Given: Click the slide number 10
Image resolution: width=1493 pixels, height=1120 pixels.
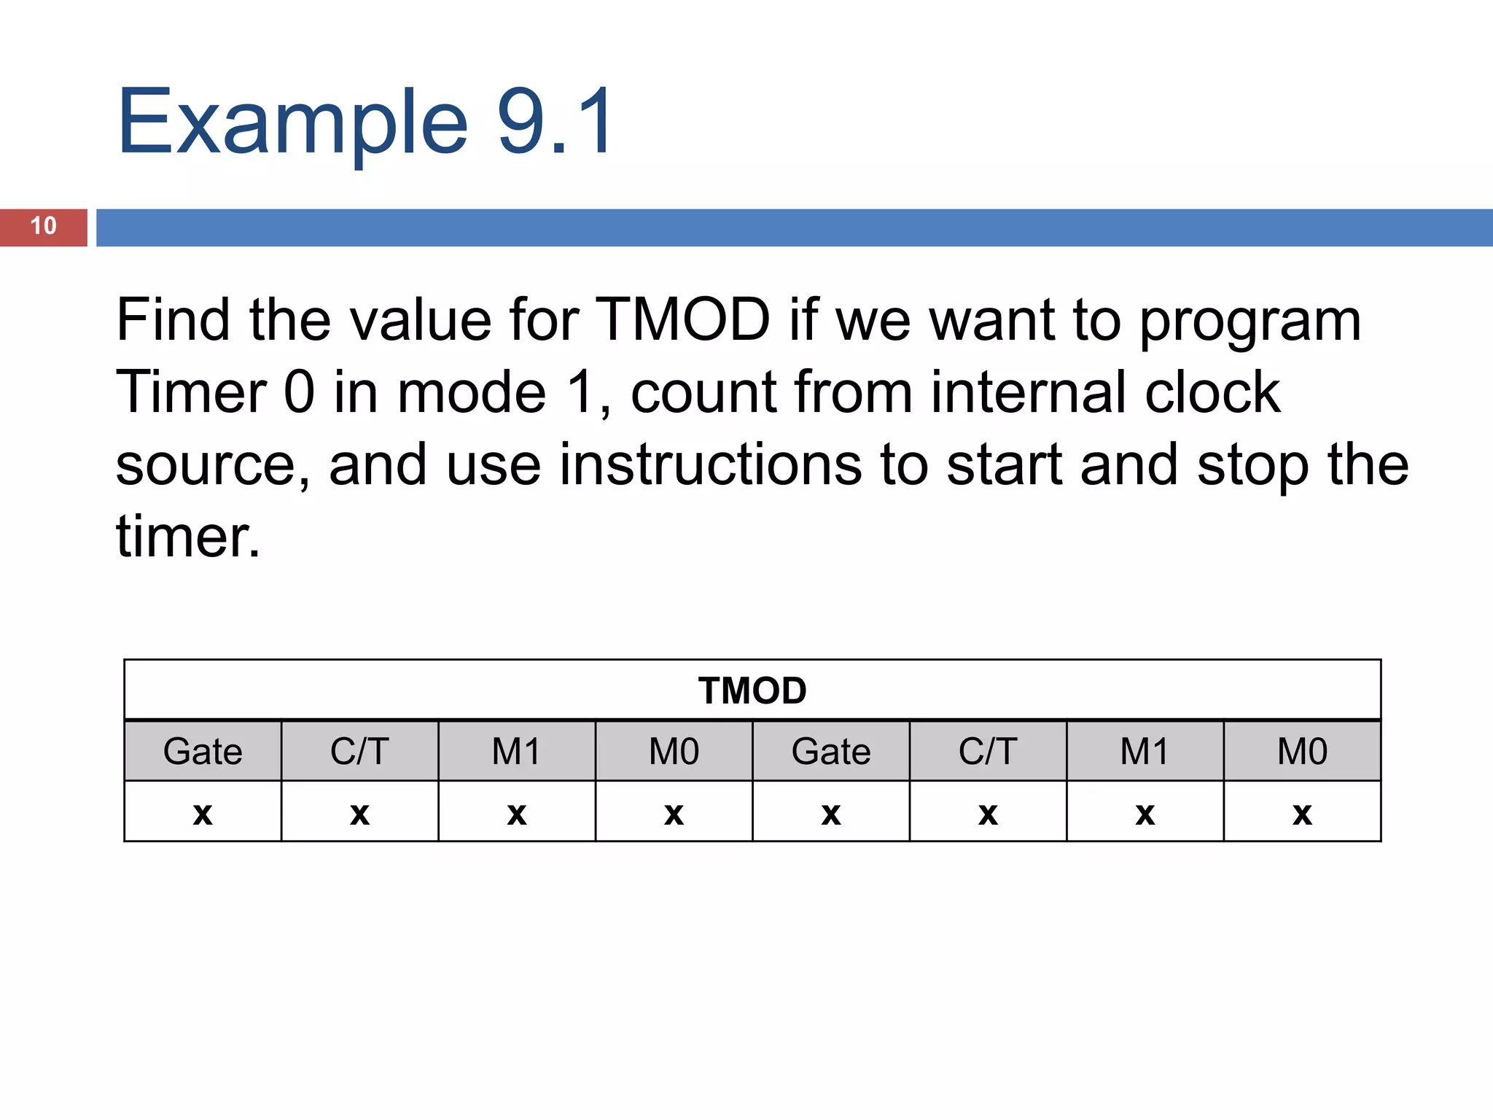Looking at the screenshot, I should [x=43, y=226].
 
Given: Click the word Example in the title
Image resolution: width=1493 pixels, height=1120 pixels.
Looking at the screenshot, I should [x=292, y=122].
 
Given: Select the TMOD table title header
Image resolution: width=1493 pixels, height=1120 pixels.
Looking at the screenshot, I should [x=752, y=691].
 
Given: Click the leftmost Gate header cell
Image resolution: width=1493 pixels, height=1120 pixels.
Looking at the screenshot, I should [x=203, y=751].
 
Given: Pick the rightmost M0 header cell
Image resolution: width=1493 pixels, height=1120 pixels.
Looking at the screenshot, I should [x=1302, y=751].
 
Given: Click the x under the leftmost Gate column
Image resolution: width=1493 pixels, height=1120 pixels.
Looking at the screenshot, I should [x=203, y=813].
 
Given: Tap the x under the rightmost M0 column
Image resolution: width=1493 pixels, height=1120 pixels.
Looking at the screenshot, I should [x=1302, y=813].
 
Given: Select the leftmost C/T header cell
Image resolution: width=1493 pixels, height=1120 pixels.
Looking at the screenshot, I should [x=359, y=751].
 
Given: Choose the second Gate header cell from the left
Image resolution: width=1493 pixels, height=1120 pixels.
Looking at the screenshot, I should [x=831, y=751].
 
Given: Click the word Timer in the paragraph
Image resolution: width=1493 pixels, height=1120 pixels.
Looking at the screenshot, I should [x=191, y=392].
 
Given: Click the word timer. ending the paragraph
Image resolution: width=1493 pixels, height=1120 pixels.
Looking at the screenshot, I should [x=188, y=537].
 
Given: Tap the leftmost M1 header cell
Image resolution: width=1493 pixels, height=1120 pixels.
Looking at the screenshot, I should [x=516, y=751].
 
